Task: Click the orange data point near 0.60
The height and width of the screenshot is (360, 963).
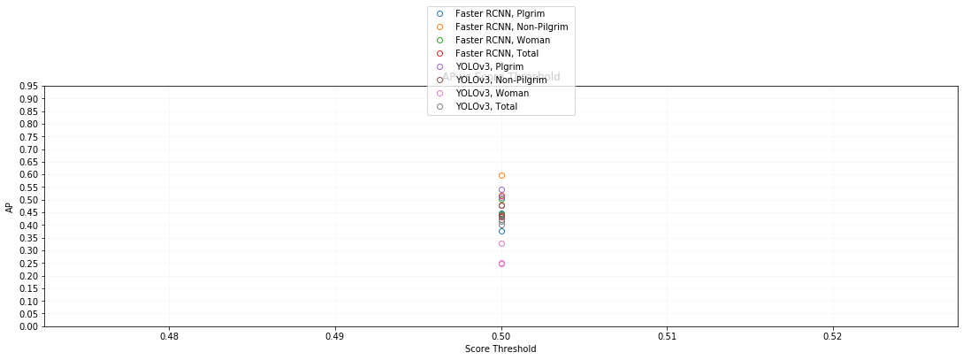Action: click(x=501, y=175)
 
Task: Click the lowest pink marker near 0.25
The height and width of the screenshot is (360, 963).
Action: click(x=501, y=264)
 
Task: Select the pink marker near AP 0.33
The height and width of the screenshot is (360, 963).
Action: click(x=501, y=243)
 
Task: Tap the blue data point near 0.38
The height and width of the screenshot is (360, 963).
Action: click(x=501, y=231)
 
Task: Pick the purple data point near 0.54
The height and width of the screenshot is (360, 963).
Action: click(x=501, y=190)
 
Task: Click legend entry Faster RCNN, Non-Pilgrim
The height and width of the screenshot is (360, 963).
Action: click(x=511, y=27)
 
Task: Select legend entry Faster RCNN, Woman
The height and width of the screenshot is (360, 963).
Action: click(x=502, y=40)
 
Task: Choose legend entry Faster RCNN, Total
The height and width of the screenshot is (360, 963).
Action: click(x=497, y=53)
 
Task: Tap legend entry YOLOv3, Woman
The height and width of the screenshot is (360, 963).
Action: click(x=492, y=93)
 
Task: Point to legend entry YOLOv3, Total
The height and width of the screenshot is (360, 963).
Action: click(x=486, y=106)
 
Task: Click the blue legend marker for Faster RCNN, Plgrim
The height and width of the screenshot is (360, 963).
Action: click(x=439, y=13)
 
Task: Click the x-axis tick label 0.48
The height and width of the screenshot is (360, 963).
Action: click(x=169, y=337)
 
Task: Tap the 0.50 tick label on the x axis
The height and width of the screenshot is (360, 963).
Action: click(x=501, y=337)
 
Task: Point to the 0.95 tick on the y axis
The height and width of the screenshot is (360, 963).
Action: click(x=28, y=87)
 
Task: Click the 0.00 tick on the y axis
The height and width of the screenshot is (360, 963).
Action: click(x=28, y=326)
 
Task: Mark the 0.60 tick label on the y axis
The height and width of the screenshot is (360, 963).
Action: click(x=28, y=175)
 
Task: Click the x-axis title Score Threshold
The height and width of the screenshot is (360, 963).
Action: click(x=501, y=349)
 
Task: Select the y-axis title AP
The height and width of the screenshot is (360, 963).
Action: click(x=10, y=207)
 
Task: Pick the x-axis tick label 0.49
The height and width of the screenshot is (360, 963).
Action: click(x=335, y=337)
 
